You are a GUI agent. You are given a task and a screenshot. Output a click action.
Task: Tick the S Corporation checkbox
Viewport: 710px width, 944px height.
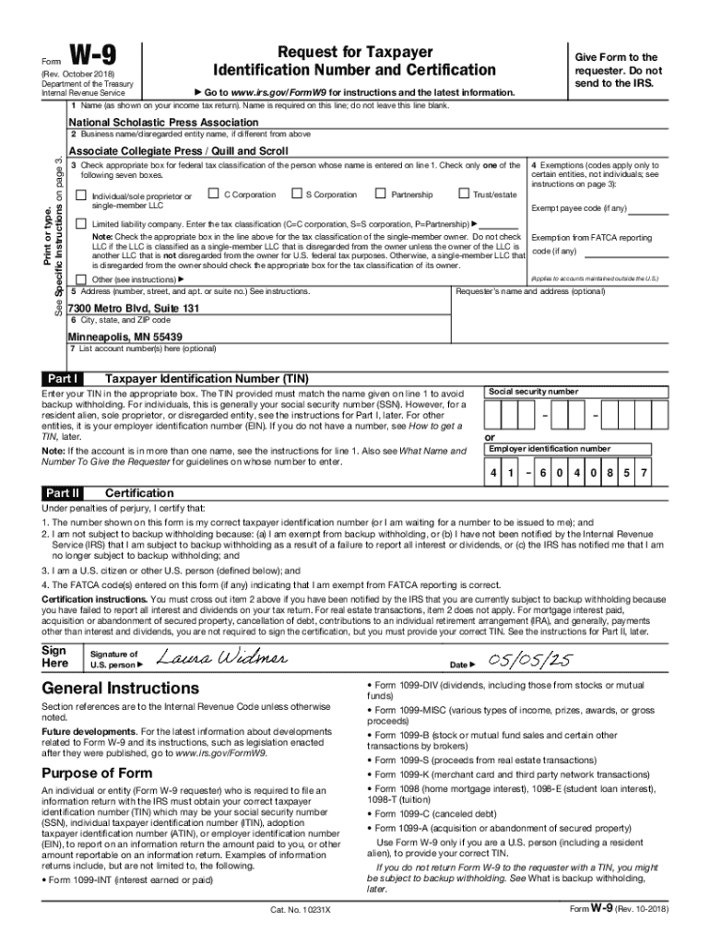pyautogui.click(x=296, y=194)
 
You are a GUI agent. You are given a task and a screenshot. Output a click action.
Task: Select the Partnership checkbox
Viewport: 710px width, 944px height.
pyautogui.click(x=380, y=194)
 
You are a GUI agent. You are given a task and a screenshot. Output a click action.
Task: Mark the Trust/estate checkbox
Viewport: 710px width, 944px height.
pyautogui.click(x=463, y=194)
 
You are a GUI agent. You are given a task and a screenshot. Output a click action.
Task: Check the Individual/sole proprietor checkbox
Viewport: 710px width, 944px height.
pyautogui.click(x=81, y=195)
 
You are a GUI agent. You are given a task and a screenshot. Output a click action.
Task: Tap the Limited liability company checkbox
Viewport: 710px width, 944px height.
pyautogui.click(x=81, y=224)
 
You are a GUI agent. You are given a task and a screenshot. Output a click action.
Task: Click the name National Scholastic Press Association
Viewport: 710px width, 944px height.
pyautogui.click(x=163, y=123)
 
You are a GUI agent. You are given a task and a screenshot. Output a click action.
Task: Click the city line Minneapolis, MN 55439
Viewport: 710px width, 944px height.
pyautogui.click(x=125, y=337)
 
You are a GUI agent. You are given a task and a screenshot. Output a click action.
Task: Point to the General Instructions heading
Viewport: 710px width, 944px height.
pyautogui.click(x=120, y=689)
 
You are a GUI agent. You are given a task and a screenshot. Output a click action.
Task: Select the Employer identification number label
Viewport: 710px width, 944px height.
pyautogui.click(x=550, y=449)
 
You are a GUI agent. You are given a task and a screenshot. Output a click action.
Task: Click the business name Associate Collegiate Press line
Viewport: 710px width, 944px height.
pyautogui.click(x=178, y=151)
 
